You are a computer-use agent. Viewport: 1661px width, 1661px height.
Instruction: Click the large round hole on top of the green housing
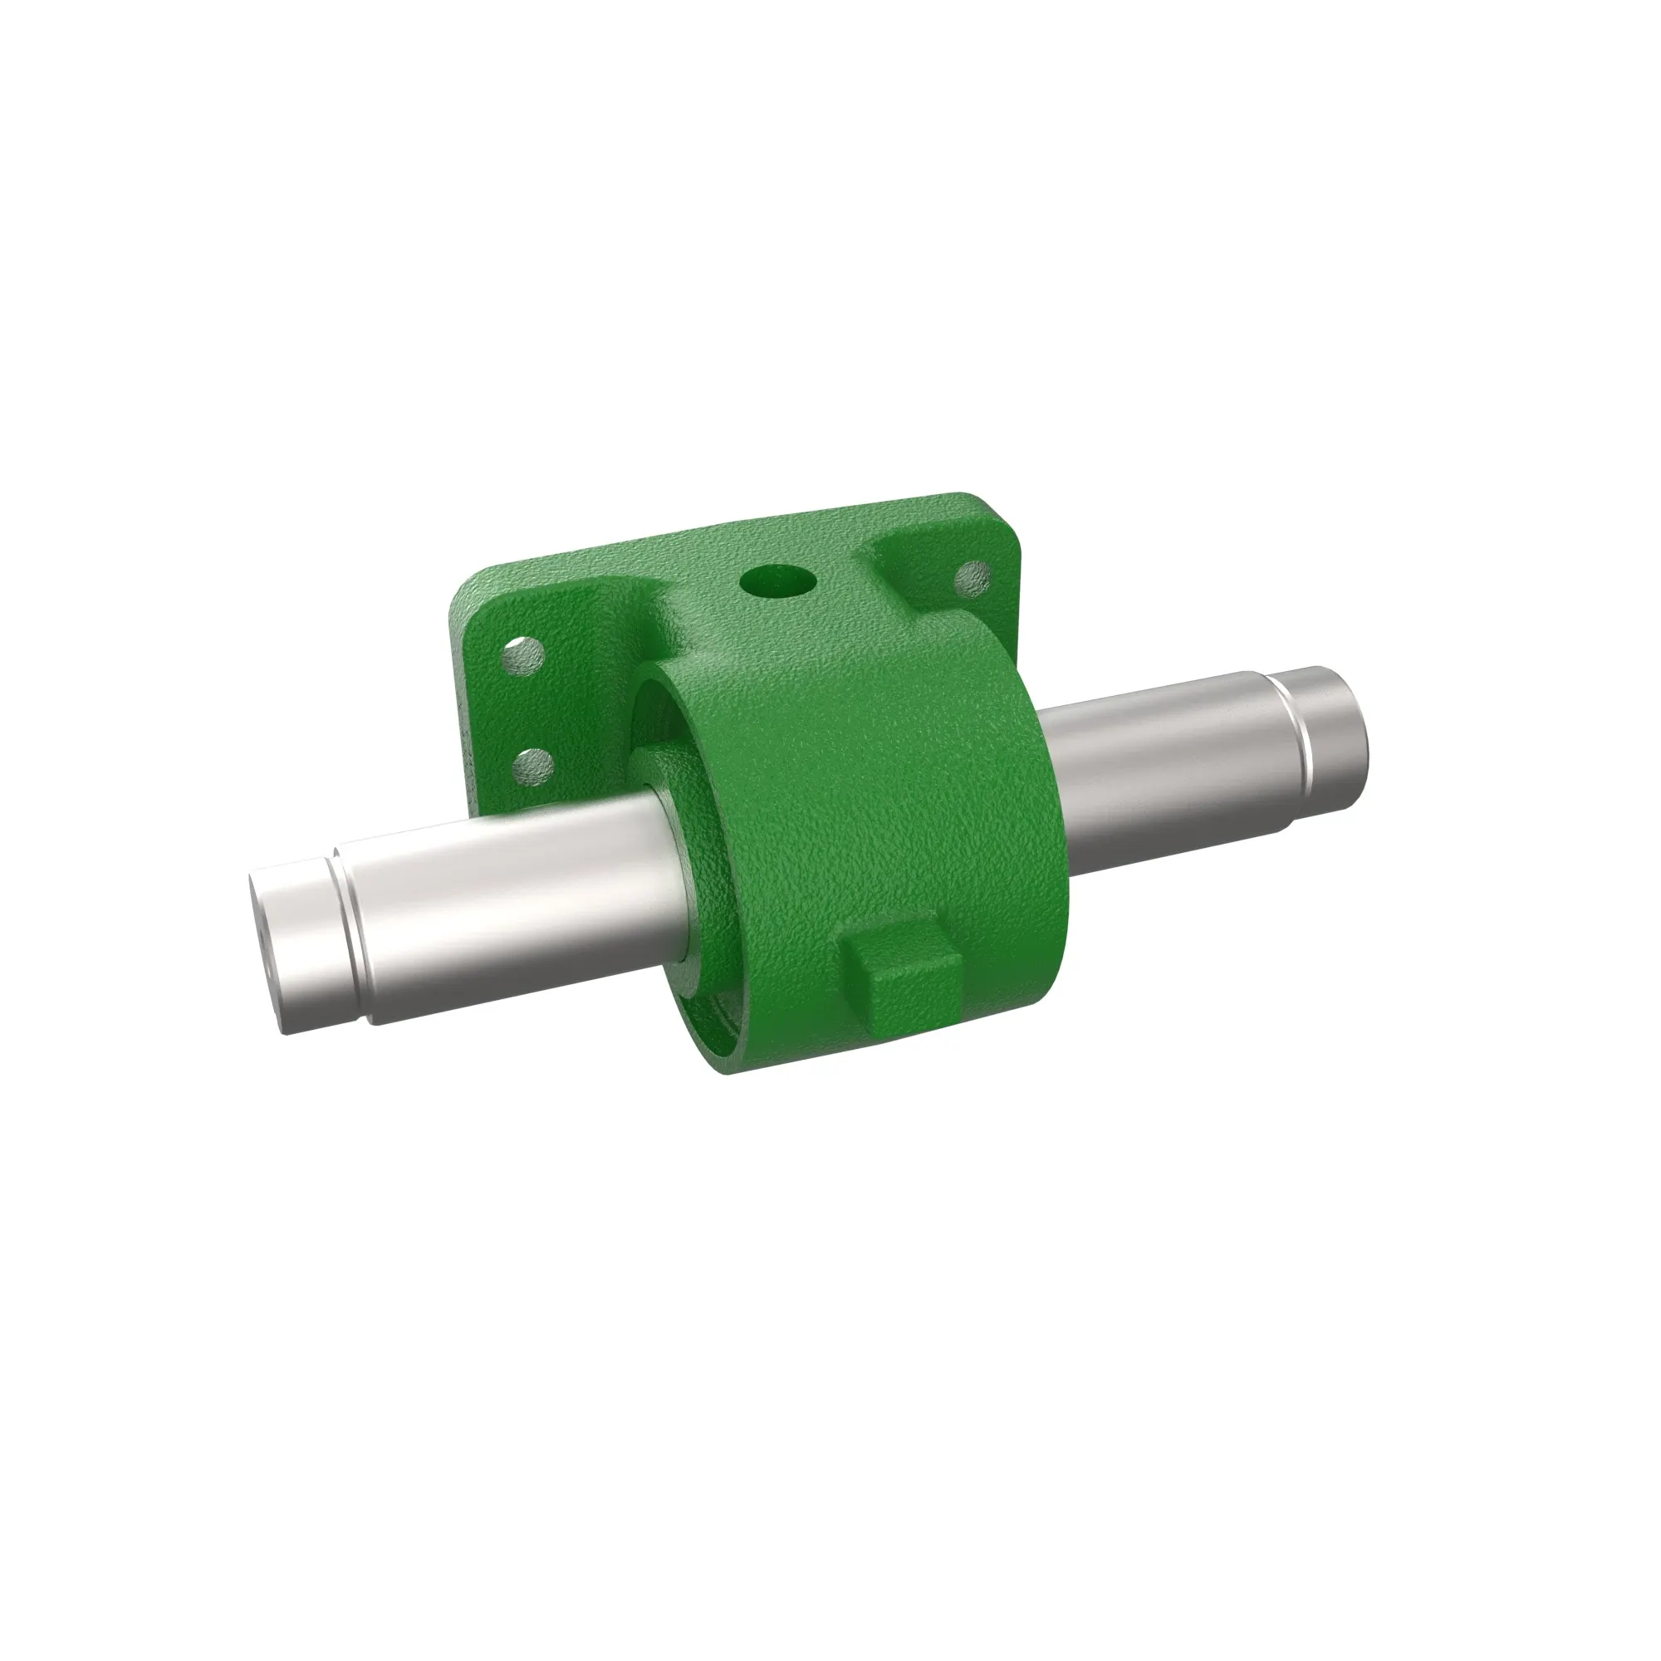(778, 583)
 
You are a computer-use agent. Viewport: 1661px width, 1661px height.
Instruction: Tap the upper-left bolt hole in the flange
(523, 657)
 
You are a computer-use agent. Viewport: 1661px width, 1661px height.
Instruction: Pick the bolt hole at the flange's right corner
(973, 578)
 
